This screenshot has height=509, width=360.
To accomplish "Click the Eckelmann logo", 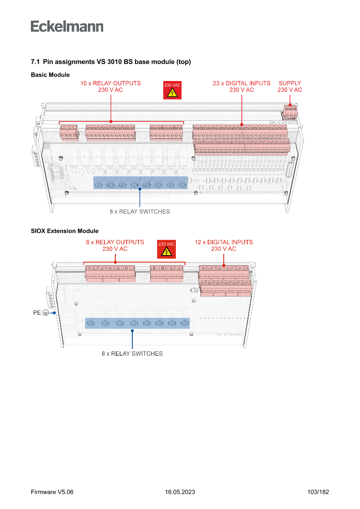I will (x=67, y=27).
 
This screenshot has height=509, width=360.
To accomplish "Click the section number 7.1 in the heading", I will (x=35, y=62).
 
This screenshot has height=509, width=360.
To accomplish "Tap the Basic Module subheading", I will (x=50, y=75).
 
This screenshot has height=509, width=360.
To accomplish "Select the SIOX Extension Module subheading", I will (x=64, y=231).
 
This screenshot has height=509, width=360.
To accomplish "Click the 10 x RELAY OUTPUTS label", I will (x=111, y=86).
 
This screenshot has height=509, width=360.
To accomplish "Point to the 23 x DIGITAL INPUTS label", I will (x=242, y=86).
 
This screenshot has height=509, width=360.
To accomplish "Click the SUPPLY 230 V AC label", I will (x=290, y=86).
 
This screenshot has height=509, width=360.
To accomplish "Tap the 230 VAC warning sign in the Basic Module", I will (x=172, y=90).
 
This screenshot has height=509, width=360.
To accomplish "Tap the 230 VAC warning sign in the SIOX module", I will (x=166, y=249).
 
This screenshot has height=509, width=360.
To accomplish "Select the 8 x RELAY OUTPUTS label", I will (x=115, y=245).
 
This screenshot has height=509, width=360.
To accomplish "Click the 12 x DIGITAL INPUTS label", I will (x=224, y=245).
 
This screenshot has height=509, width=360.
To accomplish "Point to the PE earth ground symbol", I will (x=46, y=313).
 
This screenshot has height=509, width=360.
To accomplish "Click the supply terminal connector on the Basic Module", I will (x=289, y=111).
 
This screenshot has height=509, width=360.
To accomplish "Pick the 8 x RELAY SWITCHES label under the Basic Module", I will (x=140, y=212).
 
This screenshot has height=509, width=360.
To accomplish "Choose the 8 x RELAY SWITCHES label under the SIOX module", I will (x=132, y=354).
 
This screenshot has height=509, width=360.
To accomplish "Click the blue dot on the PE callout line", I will (x=54, y=313).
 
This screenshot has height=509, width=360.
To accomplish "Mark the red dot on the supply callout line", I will (x=290, y=104).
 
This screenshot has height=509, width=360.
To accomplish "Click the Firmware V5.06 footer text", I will (x=52, y=492).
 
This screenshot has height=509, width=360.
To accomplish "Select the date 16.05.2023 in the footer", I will (x=180, y=492).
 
